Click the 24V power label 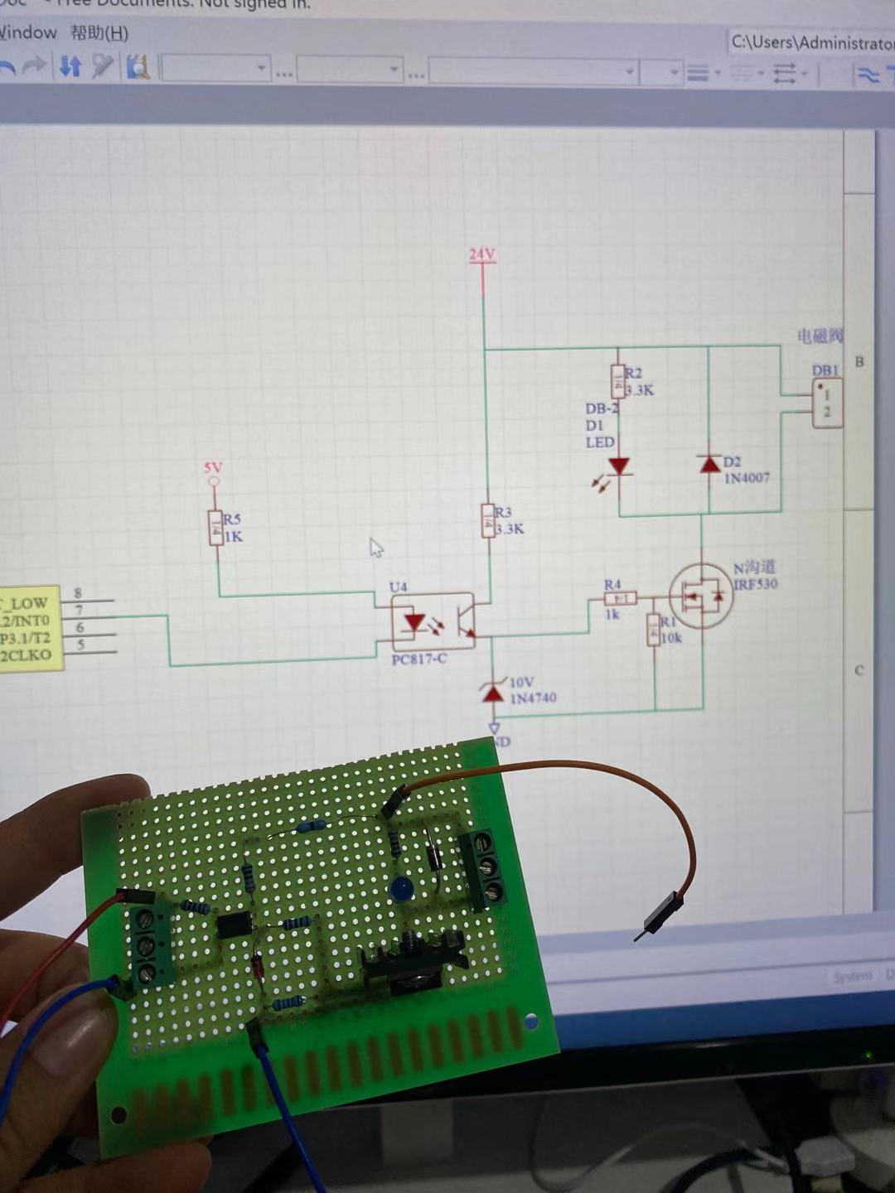(481, 254)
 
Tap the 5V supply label (214, 468)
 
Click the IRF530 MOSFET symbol (701, 596)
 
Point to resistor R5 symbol (216, 528)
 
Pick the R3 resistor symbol (488, 520)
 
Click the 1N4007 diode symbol (709, 464)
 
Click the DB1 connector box (827, 403)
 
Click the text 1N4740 (533, 698)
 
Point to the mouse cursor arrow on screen (376, 548)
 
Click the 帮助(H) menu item (99, 33)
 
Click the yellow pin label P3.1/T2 (26, 638)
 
